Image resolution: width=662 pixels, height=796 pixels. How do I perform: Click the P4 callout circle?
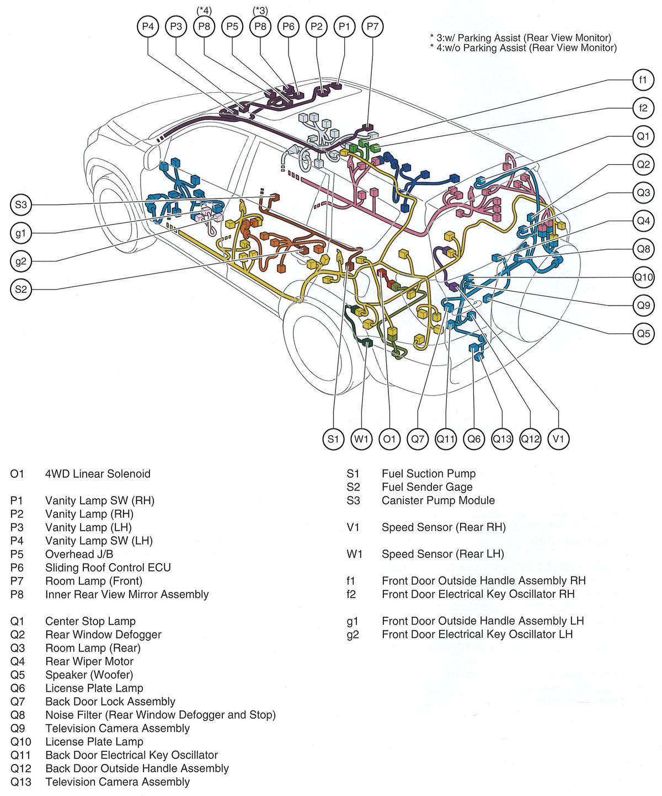coord(148,26)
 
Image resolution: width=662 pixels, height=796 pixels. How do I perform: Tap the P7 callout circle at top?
coord(373,26)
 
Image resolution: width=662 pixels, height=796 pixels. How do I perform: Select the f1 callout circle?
coord(643,80)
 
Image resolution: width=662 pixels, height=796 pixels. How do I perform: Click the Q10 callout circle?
coord(643,277)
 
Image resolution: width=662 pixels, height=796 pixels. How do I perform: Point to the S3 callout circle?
coord(21,205)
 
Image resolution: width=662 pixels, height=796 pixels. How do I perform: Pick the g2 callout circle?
coord(21,261)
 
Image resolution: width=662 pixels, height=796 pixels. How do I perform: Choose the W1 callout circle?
coord(361,439)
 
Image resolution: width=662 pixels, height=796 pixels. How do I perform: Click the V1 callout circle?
coord(559,439)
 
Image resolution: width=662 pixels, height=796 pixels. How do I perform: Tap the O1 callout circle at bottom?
coord(389,439)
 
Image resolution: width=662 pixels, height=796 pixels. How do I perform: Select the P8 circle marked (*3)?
coord(260,26)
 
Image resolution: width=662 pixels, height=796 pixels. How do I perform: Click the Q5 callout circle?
coord(643,333)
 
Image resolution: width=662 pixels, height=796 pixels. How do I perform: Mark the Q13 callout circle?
coord(502,439)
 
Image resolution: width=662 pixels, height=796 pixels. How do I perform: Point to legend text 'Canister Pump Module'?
coord(438,500)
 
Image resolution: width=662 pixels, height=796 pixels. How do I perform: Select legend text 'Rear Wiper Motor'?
coord(89,661)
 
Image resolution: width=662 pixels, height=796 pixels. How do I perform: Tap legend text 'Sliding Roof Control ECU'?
coord(108,568)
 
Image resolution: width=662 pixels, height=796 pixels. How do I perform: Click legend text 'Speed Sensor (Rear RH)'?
coord(444,527)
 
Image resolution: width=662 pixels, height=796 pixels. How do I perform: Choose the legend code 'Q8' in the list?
coord(18,715)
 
